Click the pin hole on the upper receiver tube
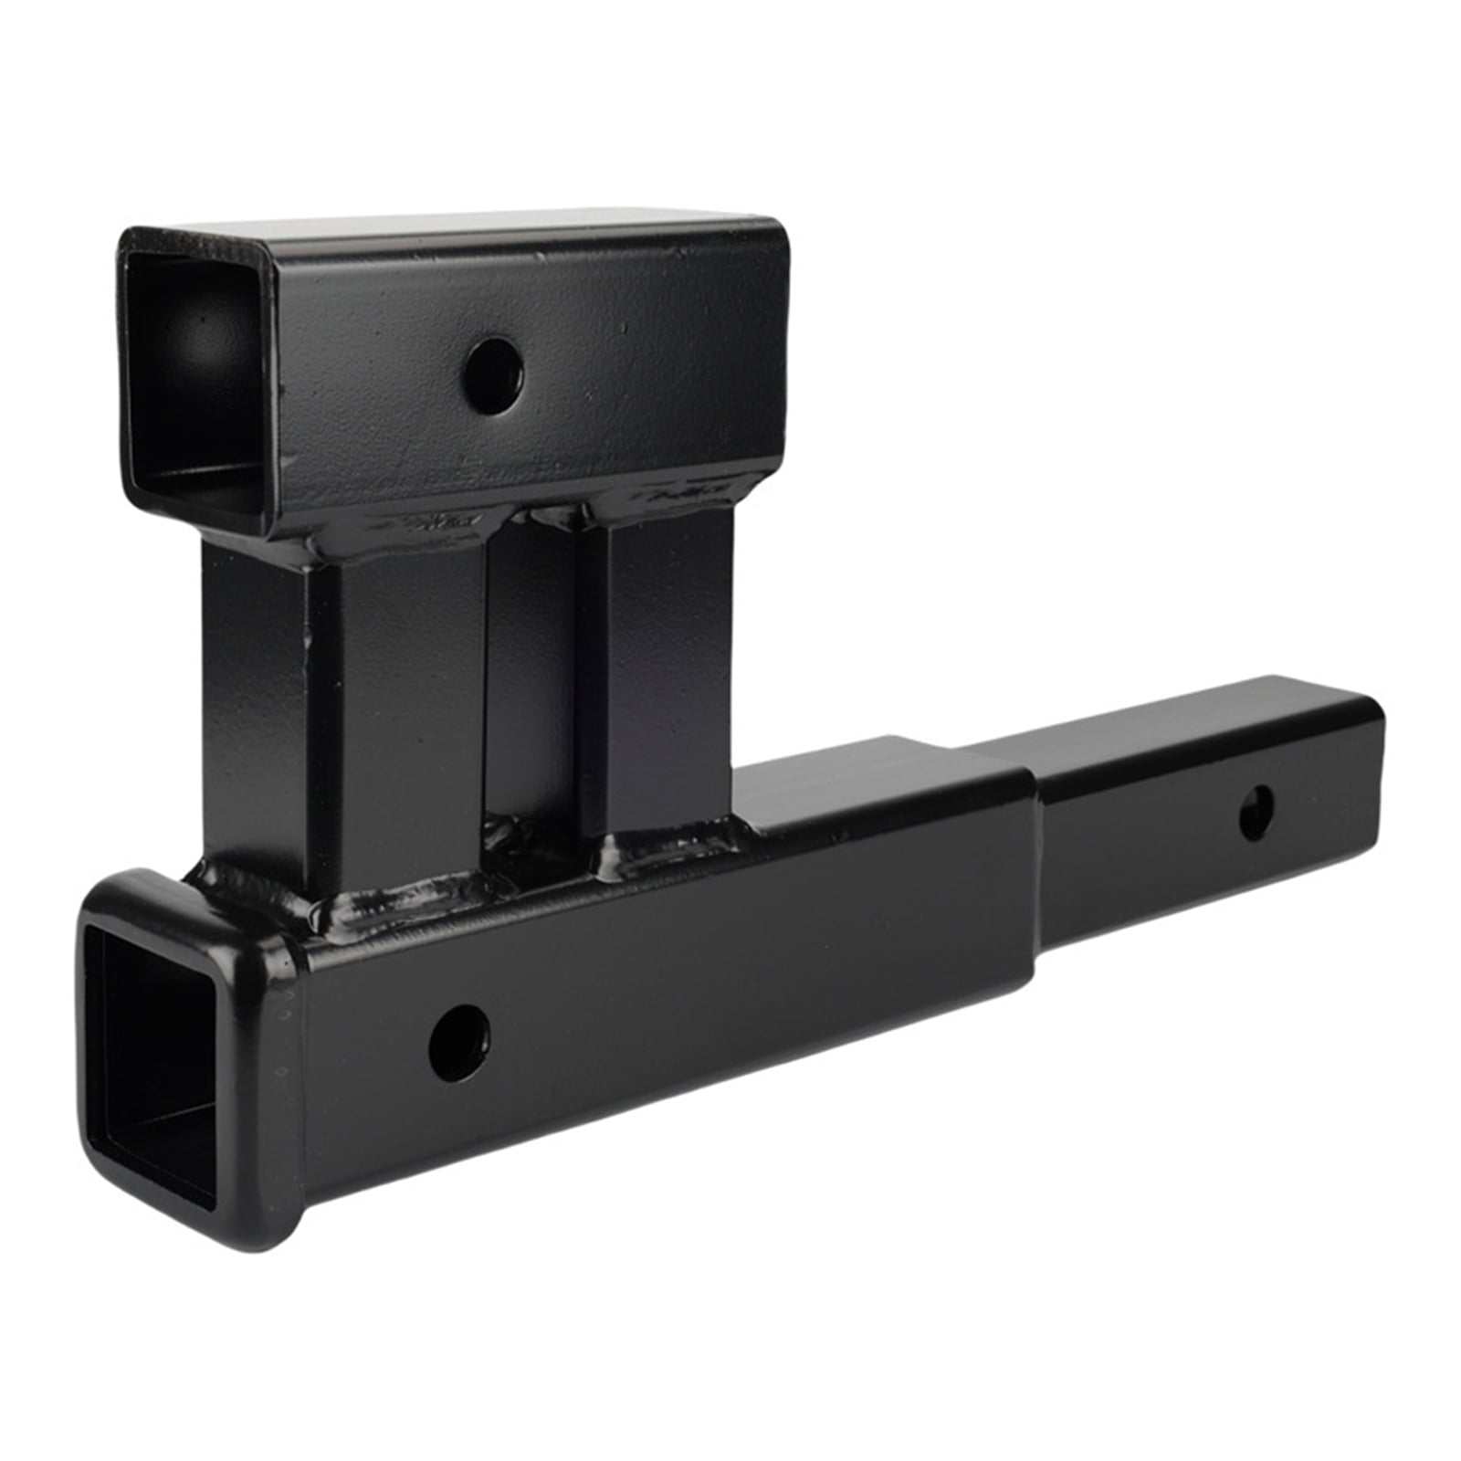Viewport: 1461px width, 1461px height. point(493,375)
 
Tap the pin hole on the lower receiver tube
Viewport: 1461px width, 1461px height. point(459,1043)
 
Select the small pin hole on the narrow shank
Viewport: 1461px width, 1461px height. point(1256,812)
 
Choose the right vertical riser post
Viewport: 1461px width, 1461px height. point(667,676)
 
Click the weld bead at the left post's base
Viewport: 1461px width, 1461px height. point(384,904)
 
